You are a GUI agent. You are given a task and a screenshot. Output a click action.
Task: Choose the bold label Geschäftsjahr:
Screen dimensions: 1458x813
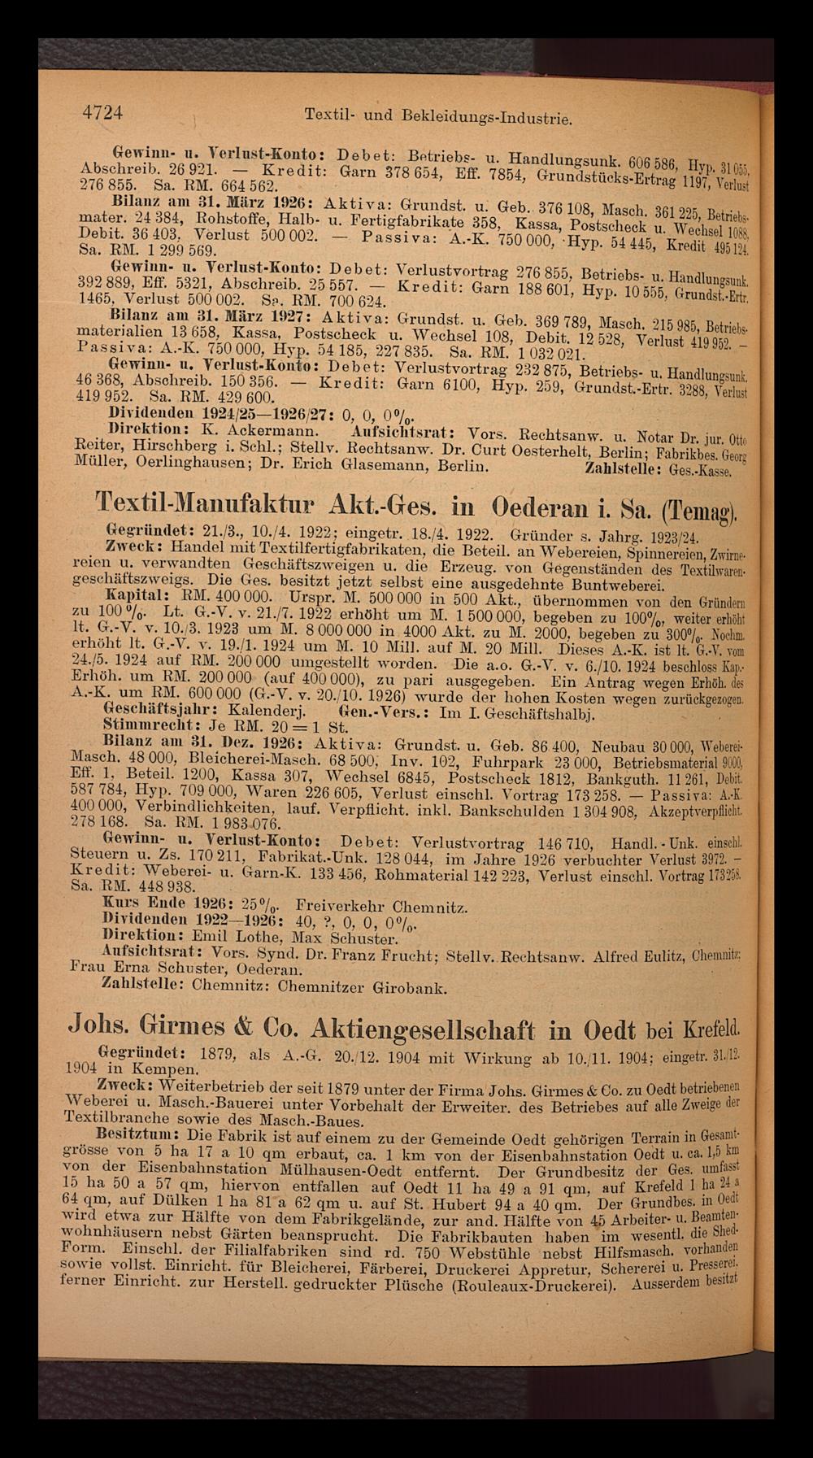click(150, 708)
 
